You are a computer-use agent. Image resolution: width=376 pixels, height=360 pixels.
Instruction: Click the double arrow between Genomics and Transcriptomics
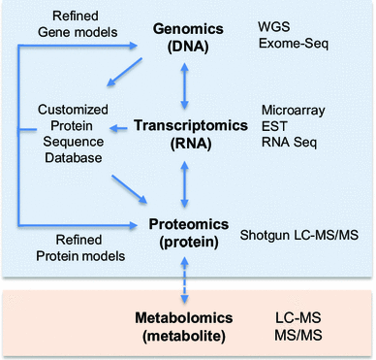[184, 84]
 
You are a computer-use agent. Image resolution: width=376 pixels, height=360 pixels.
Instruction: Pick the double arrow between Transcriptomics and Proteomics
[184, 181]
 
